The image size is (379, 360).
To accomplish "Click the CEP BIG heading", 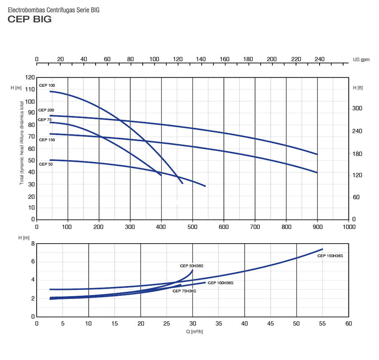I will [x=29, y=19].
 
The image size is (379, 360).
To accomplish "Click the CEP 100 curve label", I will [x=47, y=86].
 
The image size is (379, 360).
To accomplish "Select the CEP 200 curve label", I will [x=46, y=110].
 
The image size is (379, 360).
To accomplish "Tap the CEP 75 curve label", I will [x=45, y=120].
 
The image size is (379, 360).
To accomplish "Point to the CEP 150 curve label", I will [x=47, y=140].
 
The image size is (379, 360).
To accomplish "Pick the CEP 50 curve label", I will [x=46, y=164].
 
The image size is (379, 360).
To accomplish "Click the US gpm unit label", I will [x=361, y=59].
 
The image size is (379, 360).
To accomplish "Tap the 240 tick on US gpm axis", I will [x=320, y=59].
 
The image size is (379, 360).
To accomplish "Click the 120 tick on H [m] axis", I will [x=29, y=78].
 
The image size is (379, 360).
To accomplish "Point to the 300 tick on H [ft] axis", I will [x=357, y=108].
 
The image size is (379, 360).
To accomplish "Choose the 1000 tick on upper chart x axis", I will [x=349, y=227].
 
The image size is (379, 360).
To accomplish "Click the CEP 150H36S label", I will [x=330, y=256].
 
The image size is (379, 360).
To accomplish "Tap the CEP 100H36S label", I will [x=220, y=283].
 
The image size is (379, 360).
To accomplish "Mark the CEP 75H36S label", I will [x=184, y=291].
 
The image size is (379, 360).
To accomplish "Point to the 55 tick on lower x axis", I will [x=322, y=324].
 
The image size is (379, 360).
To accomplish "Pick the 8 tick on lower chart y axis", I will [x=32, y=244].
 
